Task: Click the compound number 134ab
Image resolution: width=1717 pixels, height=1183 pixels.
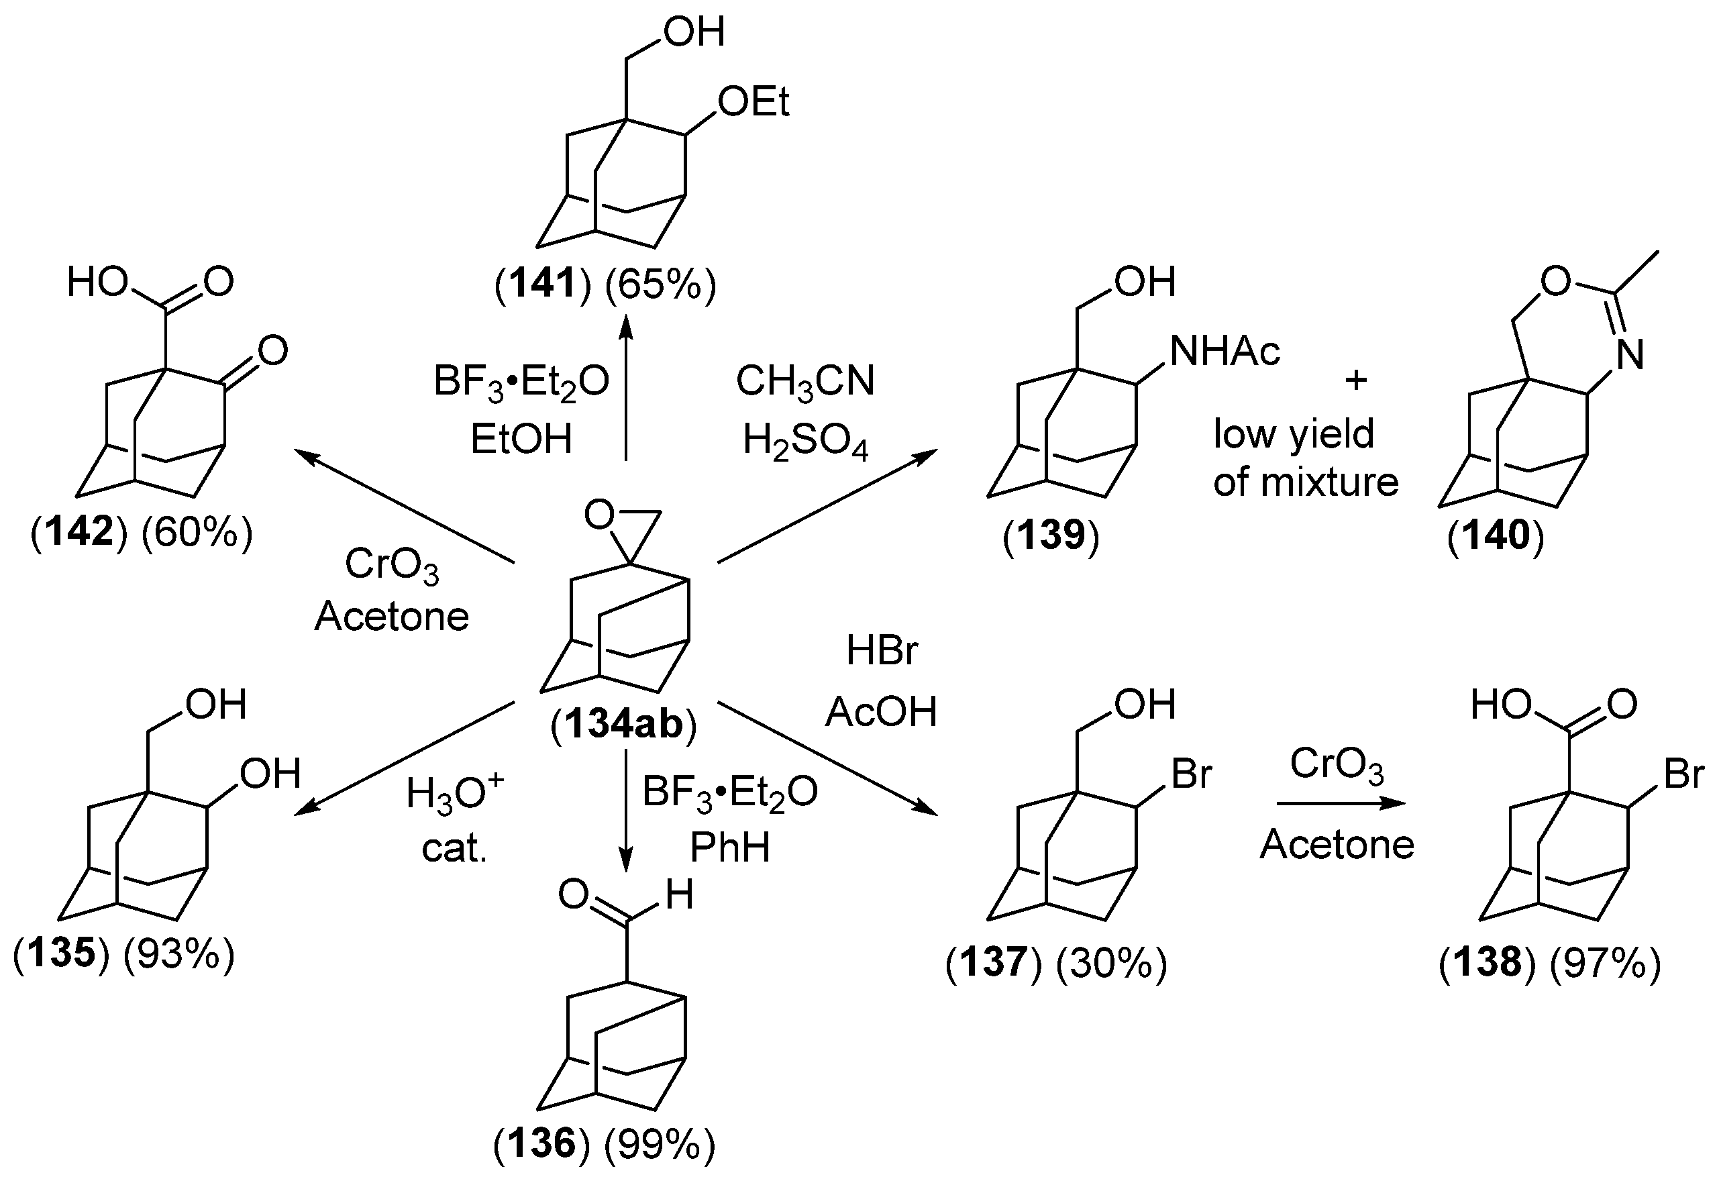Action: point(623,724)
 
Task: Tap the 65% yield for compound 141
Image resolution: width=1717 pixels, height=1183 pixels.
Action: point(660,285)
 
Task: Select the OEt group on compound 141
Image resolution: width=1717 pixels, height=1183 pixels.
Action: point(753,101)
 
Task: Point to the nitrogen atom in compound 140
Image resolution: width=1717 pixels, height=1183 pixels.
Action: point(1630,355)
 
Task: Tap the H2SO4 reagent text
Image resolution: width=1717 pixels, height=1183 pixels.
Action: point(804,440)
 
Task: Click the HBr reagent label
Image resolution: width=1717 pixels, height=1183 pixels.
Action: point(881,651)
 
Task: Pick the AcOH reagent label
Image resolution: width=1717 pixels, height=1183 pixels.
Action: point(881,711)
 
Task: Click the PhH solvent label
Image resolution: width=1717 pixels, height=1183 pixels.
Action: point(730,847)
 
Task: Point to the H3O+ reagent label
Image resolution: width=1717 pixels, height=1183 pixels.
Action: point(454,794)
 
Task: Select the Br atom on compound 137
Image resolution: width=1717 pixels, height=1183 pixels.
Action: point(1191,774)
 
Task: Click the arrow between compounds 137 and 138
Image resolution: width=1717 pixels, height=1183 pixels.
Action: point(1340,803)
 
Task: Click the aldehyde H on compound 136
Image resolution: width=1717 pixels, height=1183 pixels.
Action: point(679,895)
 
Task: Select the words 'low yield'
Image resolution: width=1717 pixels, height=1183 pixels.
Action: point(1294,433)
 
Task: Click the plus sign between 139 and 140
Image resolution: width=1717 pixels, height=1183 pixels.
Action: point(1355,380)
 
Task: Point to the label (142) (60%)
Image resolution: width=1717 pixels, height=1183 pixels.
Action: point(142,532)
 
